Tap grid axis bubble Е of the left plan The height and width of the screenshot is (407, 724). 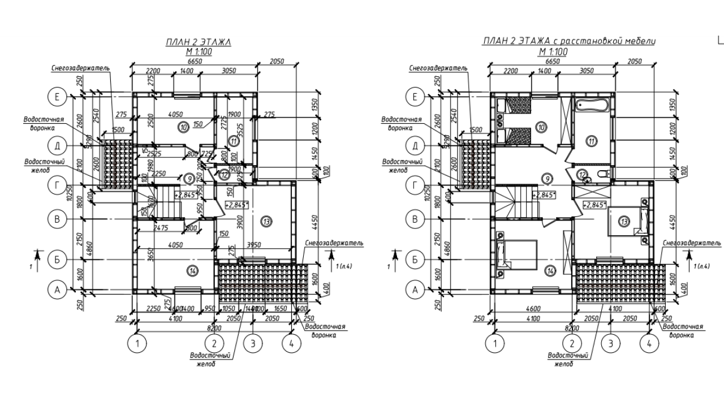pyautogui.click(x=57, y=97)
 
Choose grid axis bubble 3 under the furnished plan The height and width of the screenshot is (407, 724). pyautogui.click(x=610, y=343)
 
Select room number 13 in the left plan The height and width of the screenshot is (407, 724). pyautogui.click(x=266, y=220)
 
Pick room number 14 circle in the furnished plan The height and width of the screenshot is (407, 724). pyautogui.click(x=551, y=271)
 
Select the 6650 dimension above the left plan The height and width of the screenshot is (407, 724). pyautogui.click(x=195, y=61)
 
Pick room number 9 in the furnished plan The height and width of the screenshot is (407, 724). pyautogui.click(x=546, y=179)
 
